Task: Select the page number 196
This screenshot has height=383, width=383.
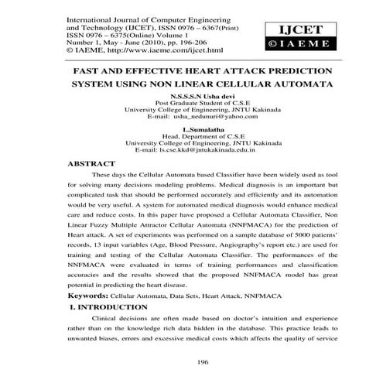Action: coord(192,360)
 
